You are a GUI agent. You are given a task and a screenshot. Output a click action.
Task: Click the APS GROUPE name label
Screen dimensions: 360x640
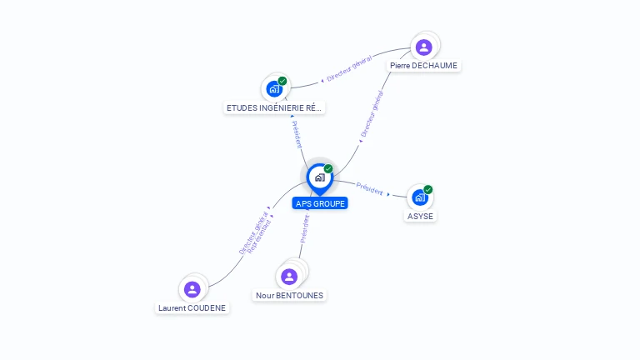pos(320,203)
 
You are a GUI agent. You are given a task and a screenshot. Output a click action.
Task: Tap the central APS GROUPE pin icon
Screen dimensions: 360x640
pos(319,177)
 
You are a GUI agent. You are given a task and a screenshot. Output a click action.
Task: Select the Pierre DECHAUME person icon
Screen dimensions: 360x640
pos(423,47)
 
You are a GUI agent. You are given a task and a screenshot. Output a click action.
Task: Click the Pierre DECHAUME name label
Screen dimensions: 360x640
pos(423,65)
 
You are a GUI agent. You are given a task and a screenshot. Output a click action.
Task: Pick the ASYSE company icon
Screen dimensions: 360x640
pos(419,197)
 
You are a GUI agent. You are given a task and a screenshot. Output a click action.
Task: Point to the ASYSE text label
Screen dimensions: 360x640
pos(420,217)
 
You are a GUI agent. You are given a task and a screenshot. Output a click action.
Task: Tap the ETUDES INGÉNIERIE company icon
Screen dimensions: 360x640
pos(274,88)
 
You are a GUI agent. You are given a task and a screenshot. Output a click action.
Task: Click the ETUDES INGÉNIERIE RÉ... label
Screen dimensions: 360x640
pos(274,107)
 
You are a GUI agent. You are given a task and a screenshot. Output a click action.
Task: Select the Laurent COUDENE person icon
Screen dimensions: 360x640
pos(192,289)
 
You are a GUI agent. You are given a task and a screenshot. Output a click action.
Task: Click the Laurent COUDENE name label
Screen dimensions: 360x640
pos(192,307)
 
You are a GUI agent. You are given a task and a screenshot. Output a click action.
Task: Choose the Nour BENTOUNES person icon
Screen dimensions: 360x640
pos(289,277)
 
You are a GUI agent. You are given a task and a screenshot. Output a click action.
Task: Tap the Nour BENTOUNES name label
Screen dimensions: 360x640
pos(290,295)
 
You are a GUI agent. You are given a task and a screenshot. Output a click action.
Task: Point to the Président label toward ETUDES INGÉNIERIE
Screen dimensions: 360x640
pos(297,134)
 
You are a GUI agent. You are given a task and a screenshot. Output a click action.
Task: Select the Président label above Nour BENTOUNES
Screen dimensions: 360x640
pos(305,228)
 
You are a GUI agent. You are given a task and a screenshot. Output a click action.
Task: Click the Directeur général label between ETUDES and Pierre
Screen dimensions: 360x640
pos(348,70)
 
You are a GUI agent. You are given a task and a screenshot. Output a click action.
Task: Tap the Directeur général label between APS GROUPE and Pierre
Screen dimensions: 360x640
pos(372,114)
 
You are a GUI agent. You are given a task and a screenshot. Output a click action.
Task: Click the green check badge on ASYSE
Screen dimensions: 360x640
pos(427,189)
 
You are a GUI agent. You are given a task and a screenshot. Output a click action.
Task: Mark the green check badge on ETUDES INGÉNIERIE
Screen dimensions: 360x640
pos(282,81)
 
